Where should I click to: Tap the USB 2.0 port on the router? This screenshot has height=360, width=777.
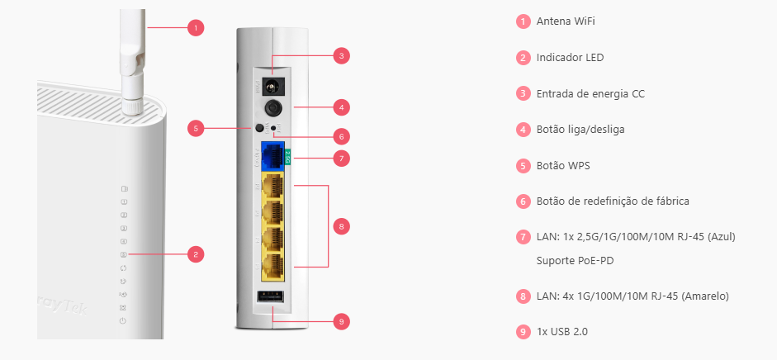272,299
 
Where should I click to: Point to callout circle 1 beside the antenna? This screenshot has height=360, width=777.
195,27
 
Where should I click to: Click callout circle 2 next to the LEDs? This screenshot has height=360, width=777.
195,253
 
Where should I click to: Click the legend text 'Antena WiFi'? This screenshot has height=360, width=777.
566,21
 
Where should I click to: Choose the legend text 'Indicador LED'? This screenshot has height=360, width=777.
570,58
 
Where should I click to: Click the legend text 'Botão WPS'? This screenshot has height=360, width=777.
562,166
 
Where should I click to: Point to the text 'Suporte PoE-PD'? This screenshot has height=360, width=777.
575,261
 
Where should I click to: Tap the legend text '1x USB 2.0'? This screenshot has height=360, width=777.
562,332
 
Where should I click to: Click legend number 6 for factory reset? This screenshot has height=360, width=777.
523,201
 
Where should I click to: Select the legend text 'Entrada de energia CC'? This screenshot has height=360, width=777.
590,94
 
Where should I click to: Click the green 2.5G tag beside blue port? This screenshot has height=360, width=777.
287,154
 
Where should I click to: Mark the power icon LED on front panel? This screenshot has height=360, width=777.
123,320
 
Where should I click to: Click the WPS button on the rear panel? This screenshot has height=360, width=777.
260,128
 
